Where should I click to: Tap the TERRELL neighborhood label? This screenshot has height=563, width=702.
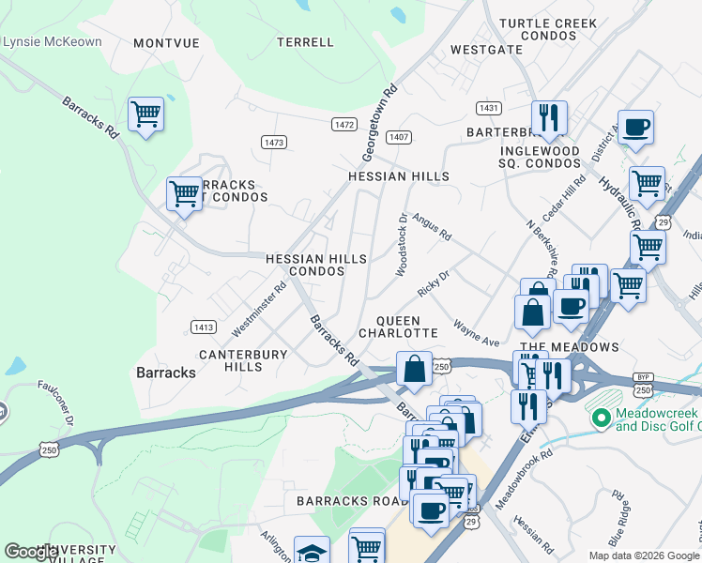coord(306,42)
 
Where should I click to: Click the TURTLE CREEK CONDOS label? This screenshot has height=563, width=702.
coord(548,29)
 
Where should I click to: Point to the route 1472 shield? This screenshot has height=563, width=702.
coord(343,124)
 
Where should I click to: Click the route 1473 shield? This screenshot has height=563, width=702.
coord(274,142)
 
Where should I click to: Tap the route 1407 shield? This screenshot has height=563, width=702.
coord(400,137)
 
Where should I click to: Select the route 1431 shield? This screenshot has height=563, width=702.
coord(487,108)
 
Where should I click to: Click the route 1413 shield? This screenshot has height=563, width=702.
coord(203,327)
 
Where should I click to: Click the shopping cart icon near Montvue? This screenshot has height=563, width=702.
coord(145,115)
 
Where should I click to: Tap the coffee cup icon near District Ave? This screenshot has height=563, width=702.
coord(635,127)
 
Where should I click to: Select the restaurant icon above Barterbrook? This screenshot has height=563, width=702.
coord(548,118)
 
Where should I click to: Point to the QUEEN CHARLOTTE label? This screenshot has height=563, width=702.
coord(398,327)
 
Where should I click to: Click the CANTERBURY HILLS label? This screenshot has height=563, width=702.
coord(230,360)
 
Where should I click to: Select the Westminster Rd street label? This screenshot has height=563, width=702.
coord(258,311)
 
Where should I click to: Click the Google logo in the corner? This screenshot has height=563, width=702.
coord(31,552)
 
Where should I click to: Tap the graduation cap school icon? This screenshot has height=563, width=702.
coord(312,552)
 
